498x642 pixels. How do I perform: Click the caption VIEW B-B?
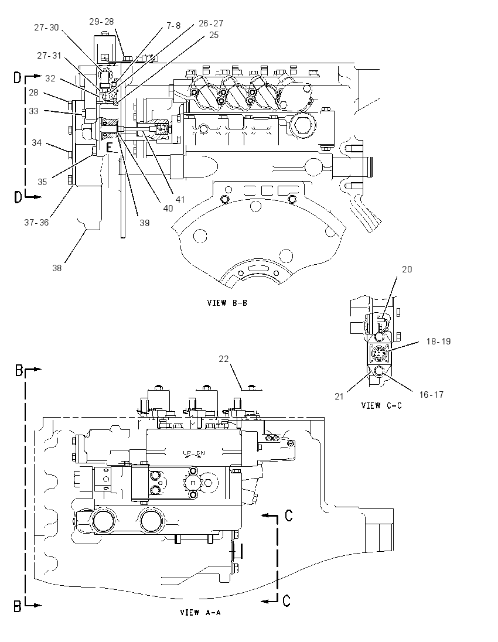(227, 303)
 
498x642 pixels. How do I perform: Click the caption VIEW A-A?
(200, 613)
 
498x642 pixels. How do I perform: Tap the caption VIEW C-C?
(381, 405)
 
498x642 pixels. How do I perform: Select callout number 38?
(57, 268)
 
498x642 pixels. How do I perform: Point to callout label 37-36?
(36, 223)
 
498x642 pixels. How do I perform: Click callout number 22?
(224, 358)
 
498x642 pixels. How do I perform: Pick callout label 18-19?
(438, 341)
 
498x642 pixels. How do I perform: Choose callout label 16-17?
(431, 394)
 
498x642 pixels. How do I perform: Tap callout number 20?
(407, 269)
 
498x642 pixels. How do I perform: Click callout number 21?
(339, 397)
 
